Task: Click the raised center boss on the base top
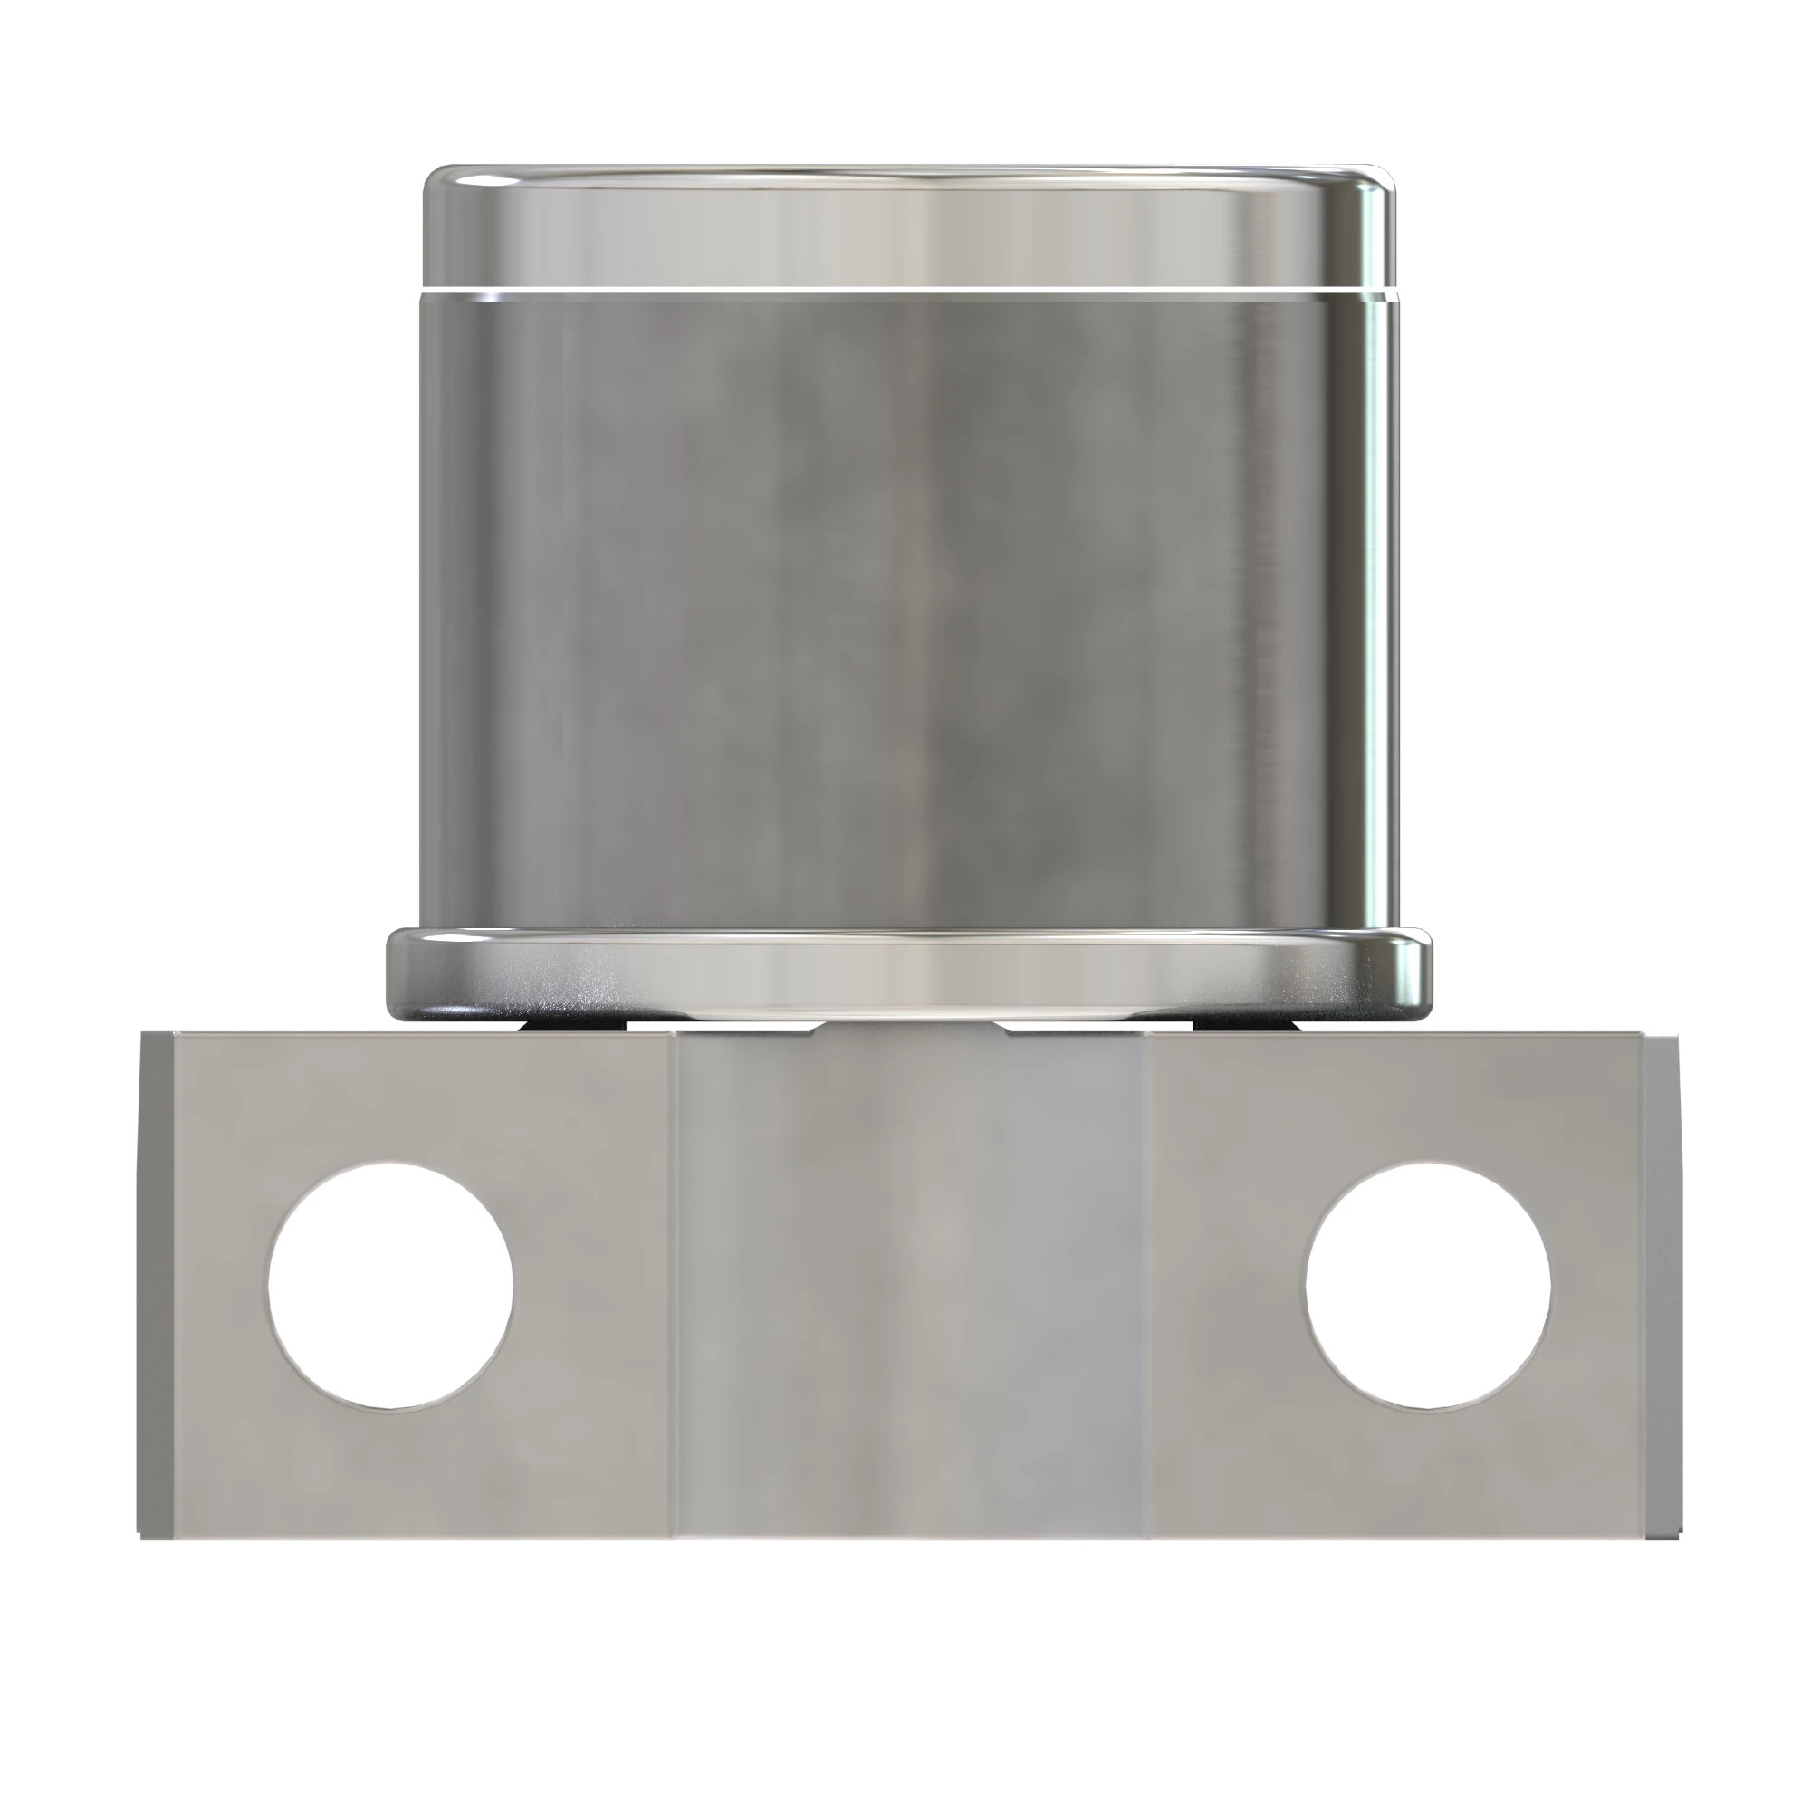[907, 1029]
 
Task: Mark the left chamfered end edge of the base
[156, 1284]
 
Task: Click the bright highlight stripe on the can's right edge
[1376, 609]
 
